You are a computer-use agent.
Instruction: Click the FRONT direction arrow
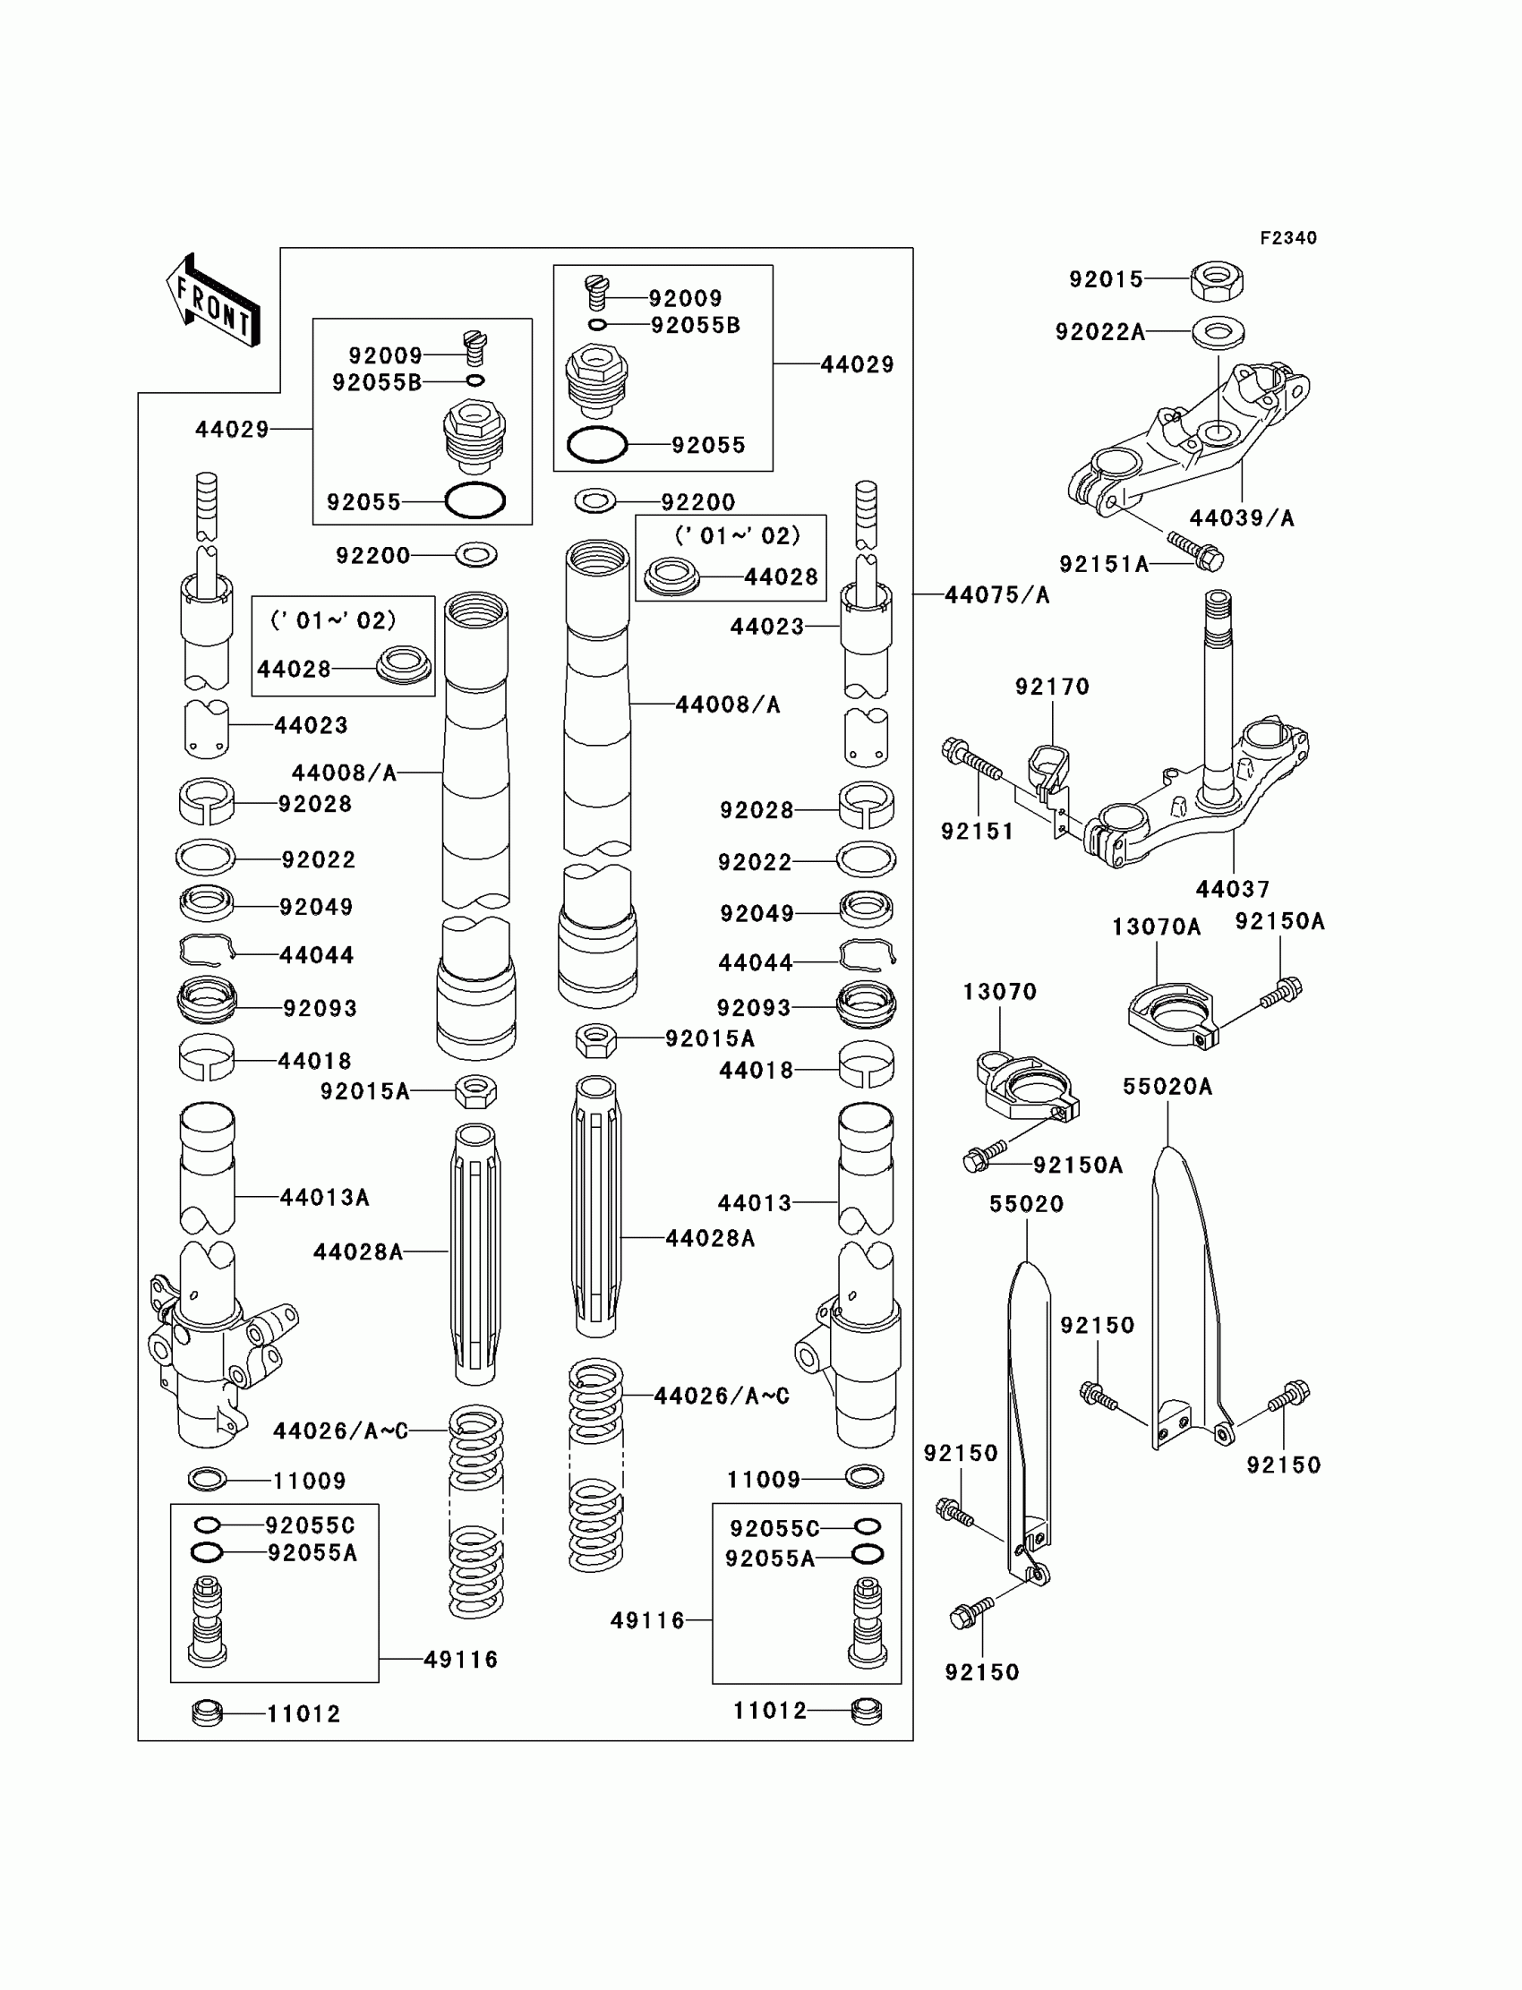pyautogui.click(x=213, y=302)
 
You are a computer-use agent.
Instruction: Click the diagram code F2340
pyautogui.click(x=1287, y=238)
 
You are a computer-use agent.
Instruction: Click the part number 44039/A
pyautogui.click(x=1241, y=518)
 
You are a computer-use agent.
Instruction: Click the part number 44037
pyautogui.click(x=1232, y=889)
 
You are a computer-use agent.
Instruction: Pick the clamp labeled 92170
pyautogui.click(x=1050, y=768)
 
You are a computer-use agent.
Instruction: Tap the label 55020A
pyautogui.click(x=1167, y=1086)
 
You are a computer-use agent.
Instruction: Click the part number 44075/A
pyautogui.click(x=996, y=595)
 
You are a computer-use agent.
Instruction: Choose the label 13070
pyautogui.click(x=999, y=992)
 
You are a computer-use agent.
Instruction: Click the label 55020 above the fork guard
pyautogui.click(x=1025, y=1204)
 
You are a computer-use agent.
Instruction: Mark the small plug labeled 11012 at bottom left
pyautogui.click(x=208, y=1713)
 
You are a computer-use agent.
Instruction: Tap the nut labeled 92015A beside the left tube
pyautogui.click(x=475, y=1091)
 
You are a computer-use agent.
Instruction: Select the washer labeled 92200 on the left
pyautogui.click(x=475, y=554)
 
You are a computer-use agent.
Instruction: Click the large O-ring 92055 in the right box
pyautogui.click(x=597, y=445)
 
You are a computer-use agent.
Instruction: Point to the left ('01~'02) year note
pyautogui.click(x=333, y=620)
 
